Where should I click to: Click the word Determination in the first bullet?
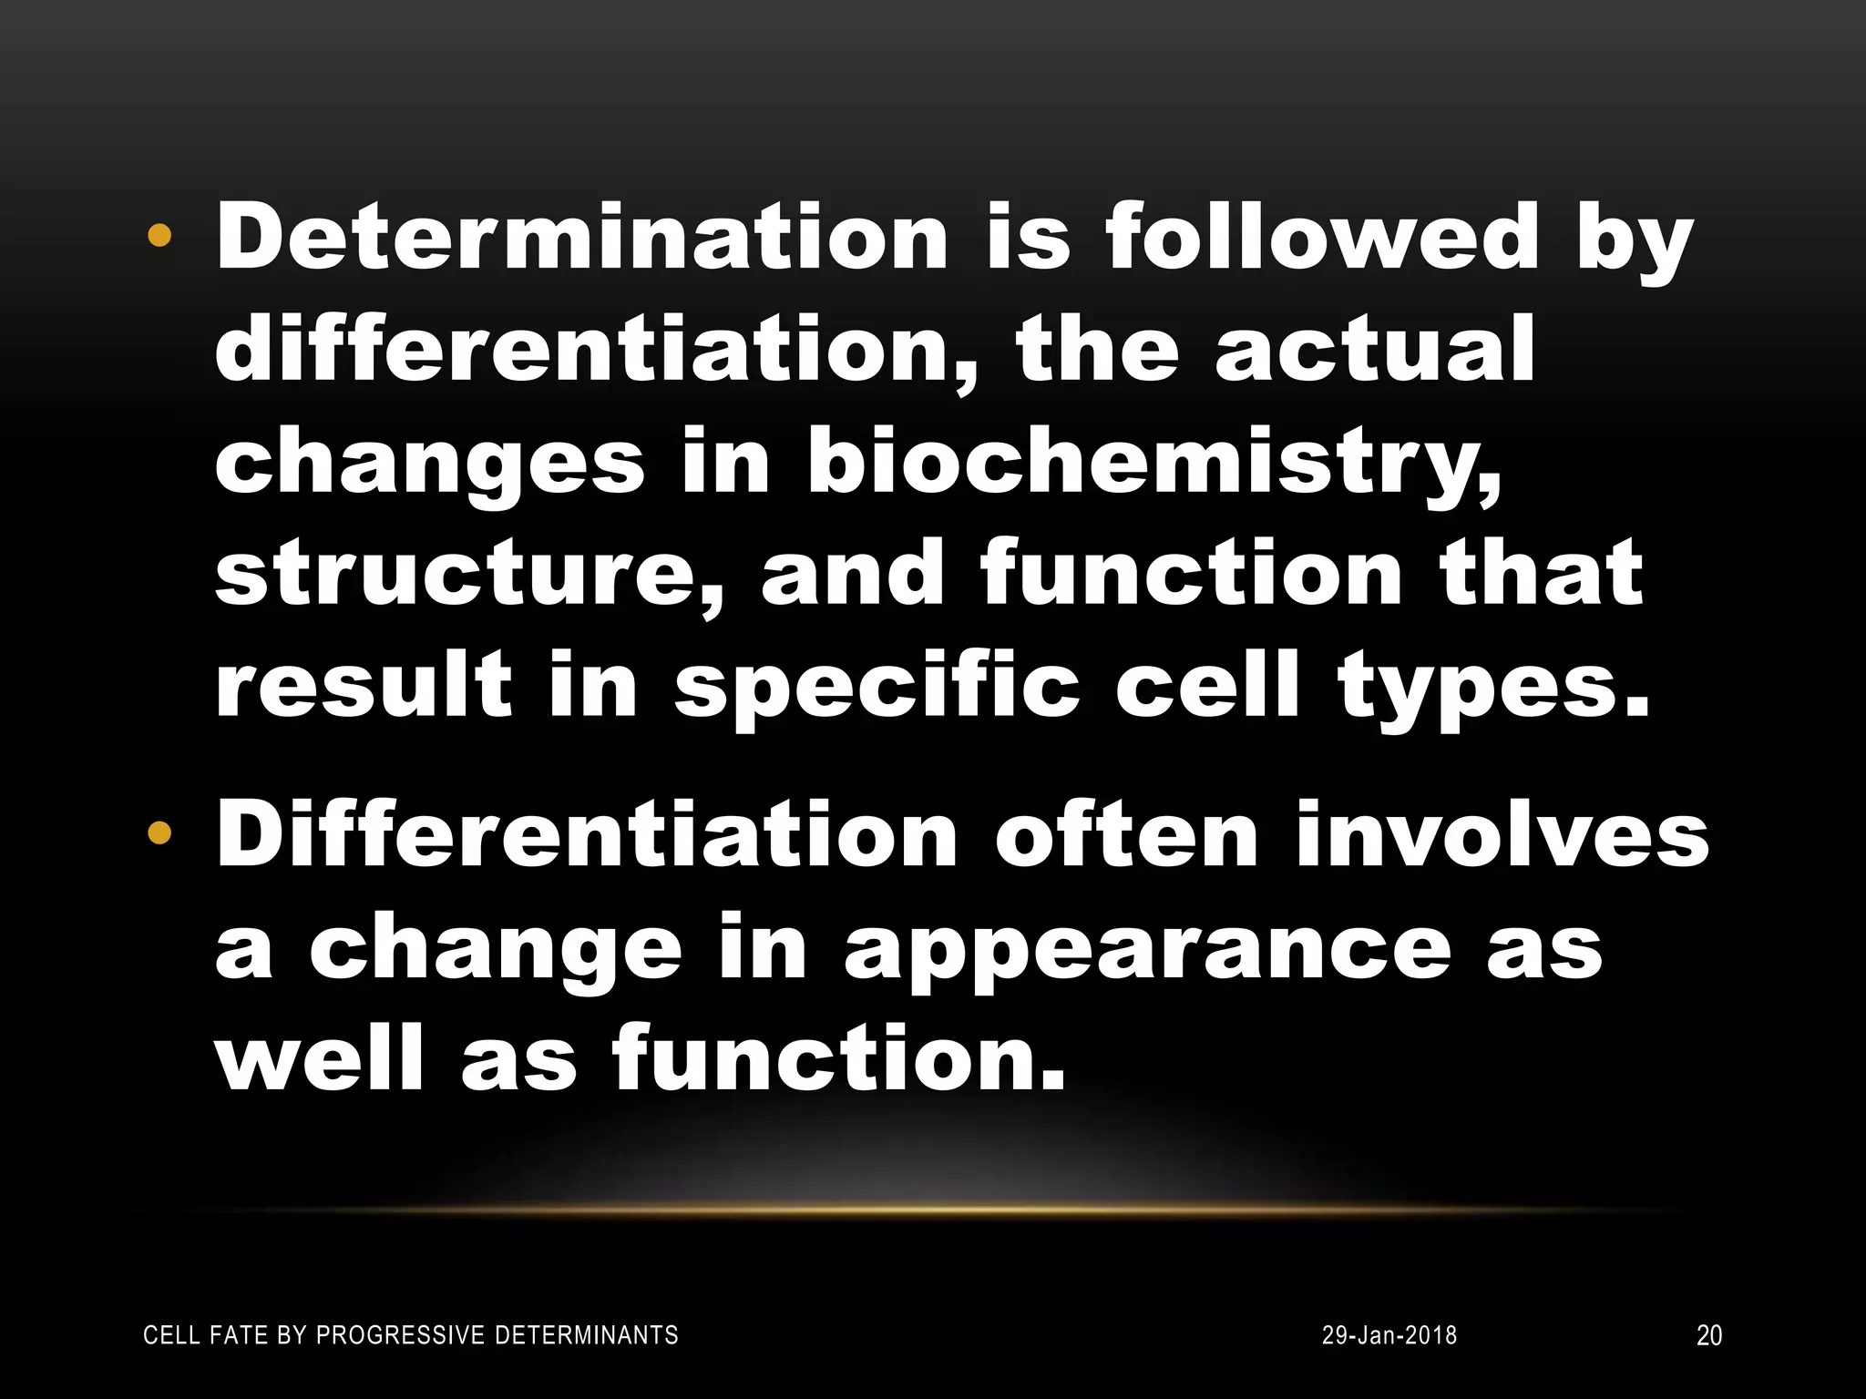(x=581, y=238)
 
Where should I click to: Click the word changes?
(x=429, y=465)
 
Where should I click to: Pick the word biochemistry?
(x=1152, y=465)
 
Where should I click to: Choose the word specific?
(x=876, y=687)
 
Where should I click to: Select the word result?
(x=364, y=687)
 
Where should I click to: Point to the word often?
(x=1126, y=835)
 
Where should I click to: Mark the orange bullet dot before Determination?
(x=159, y=237)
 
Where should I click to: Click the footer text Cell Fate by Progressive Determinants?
(x=411, y=1335)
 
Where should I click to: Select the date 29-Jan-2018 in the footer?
(x=1389, y=1335)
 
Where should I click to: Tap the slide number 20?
(x=1708, y=1335)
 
